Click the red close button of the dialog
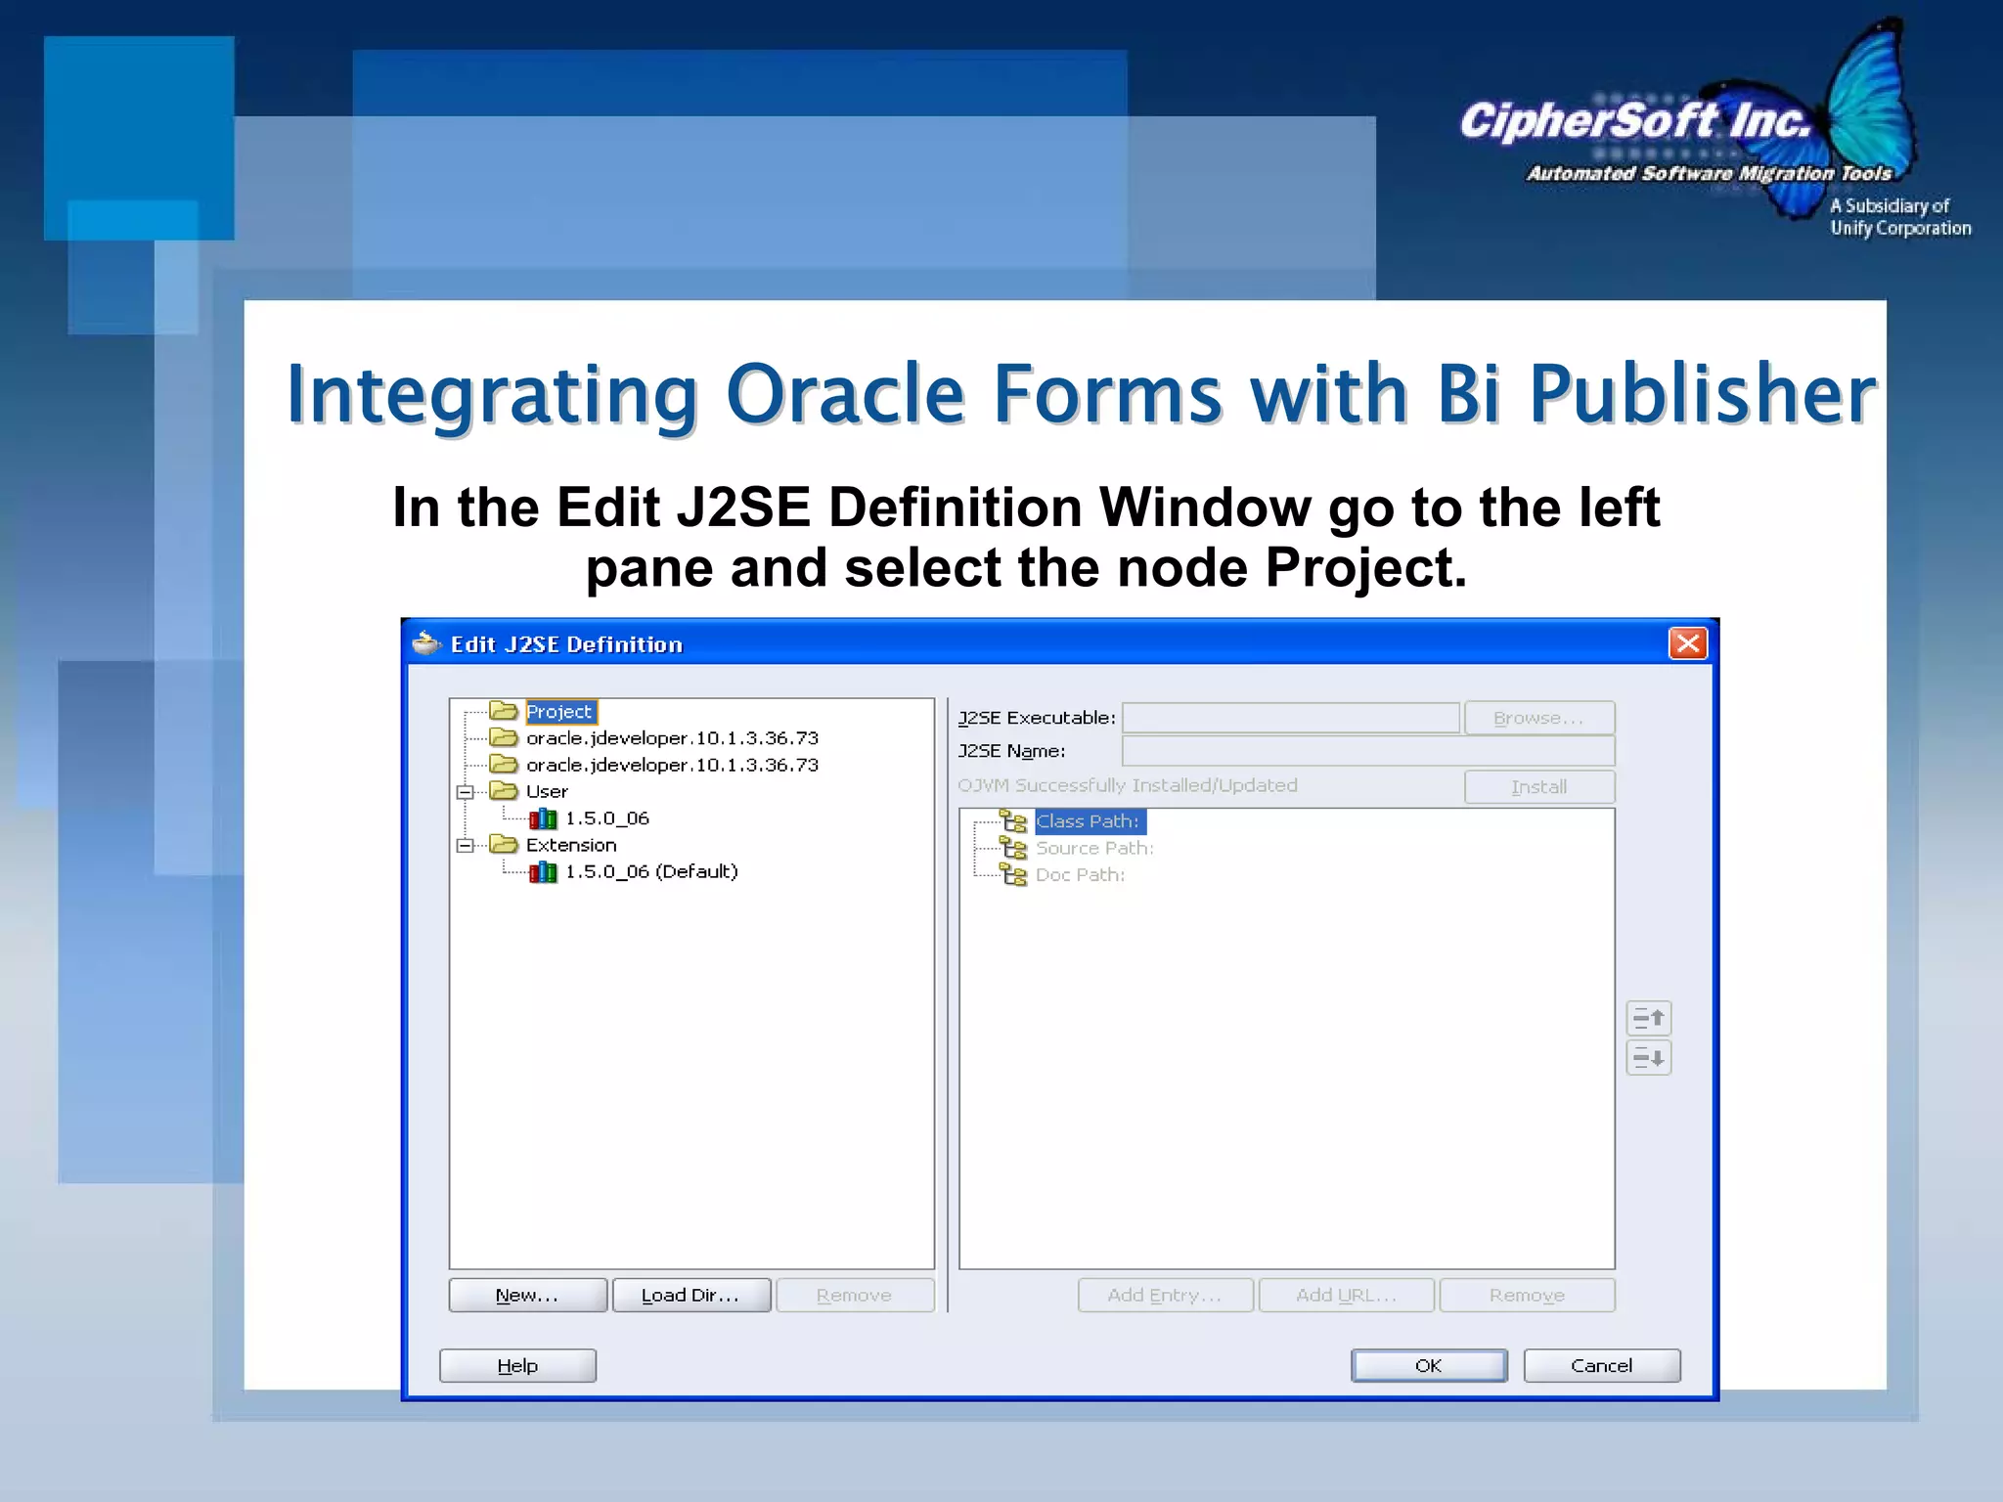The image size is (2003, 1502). tap(1687, 643)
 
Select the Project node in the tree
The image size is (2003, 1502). tap(558, 712)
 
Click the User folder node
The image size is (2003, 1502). tap(546, 791)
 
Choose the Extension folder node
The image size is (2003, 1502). tap(570, 845)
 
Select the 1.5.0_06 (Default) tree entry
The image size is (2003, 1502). tap(650, 871)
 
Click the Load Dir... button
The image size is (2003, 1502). tap(690, 1295)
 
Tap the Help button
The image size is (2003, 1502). tap(517, 1365)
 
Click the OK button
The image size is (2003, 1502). tap(1428, 1365)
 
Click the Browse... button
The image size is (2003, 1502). tap(1538, 718)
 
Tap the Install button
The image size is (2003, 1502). tap(1538, 786)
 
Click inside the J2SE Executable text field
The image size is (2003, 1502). tap(1290, 718)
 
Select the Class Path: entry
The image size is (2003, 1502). tap(1088, 821)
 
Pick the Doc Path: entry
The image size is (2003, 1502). tap(1080, 875)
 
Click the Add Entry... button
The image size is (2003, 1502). tap(1165, 1295)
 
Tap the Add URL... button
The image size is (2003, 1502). tap(1346, 1295)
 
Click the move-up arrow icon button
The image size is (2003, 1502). tap(1649, 1018)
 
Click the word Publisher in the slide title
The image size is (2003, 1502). tap(1702, 394)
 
